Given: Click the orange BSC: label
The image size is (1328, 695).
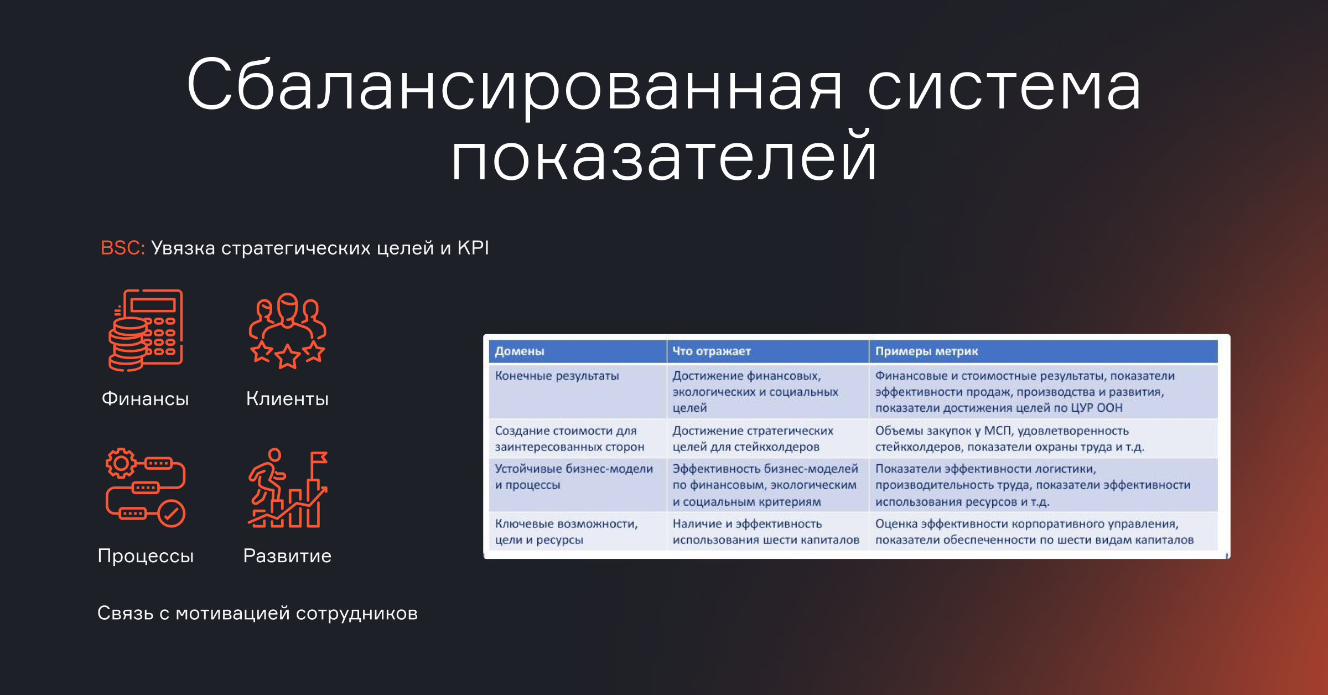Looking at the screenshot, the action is (123, 247).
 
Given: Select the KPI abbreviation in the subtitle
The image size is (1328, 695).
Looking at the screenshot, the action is (473, 247).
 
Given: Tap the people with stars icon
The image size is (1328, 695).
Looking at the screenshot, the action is (288, 330).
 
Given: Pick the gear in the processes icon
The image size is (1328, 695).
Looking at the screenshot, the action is (121, 463).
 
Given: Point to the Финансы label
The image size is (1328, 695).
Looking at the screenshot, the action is (146, 398).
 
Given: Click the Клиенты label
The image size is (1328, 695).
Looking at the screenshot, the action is (288, 398).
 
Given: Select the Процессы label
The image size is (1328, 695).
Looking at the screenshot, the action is (146, 556).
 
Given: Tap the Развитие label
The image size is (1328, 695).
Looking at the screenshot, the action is (287, 556).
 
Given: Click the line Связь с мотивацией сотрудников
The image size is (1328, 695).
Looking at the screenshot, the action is (258, 613).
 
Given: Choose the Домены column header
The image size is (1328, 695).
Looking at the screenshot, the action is (520, 351).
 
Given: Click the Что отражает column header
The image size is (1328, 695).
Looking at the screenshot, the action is (712, 351).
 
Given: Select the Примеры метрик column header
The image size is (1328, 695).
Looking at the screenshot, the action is (927, 351).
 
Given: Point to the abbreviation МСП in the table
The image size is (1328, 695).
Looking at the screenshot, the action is (998, 431).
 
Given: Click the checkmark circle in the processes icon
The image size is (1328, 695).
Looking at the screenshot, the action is (172, 514).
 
